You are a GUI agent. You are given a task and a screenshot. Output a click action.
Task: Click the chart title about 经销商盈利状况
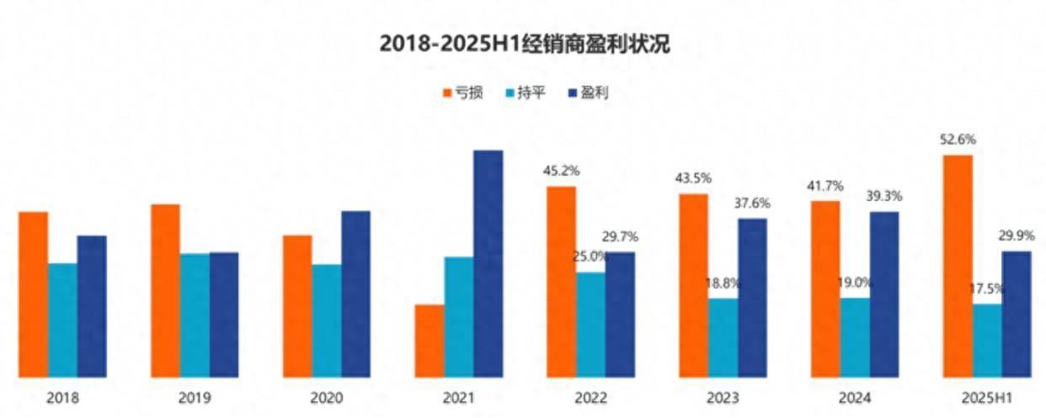pos(523,45)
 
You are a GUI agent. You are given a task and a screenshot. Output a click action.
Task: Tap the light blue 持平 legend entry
pos(526,93)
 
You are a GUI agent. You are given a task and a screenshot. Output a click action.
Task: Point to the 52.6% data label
pos(958,140)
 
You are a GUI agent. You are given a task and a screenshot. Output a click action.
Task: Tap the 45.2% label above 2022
pos(562,171)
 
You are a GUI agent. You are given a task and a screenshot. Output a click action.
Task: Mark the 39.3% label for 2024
pos(884,196)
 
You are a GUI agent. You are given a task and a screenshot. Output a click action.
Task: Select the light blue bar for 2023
pos(723,337)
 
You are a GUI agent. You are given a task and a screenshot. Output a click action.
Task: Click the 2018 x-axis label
pos(62,398)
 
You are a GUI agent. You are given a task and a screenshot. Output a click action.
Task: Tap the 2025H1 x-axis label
pos(987,398)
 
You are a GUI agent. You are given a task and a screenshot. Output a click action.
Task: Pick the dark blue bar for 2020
pos(356,294)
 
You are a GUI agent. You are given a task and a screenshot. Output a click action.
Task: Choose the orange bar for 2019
pos(165,290)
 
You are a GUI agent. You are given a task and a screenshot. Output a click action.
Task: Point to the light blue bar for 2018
pos(62,320)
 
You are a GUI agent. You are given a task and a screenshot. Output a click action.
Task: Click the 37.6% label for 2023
pos(753,204)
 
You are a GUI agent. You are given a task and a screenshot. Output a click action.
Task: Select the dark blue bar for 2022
pos(621,315)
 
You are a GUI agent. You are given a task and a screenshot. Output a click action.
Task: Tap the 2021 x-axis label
pos(459,398)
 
